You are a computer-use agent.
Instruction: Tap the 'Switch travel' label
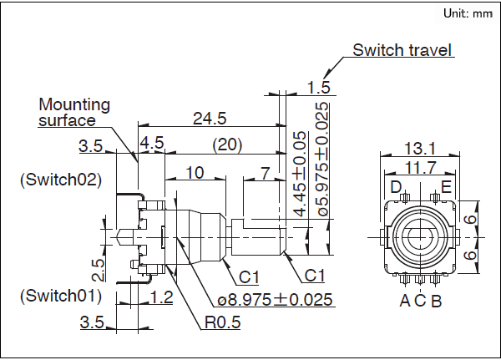(x=402, y=50)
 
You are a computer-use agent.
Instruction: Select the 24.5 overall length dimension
(x=210, y=119)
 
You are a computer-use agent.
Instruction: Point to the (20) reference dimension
(x=226, y=145)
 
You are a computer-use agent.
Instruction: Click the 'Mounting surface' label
(x=74, y=113)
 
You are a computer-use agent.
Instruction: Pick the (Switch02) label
(x=60, y=180)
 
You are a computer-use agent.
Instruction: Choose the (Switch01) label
(x=60, y=296)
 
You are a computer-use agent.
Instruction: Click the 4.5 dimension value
(x=152, y=144)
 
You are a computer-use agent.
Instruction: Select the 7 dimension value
(x=265, y=173)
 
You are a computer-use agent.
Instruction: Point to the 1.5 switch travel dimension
(x=318, y=87)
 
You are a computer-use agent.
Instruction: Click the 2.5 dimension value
(x=99, y=269)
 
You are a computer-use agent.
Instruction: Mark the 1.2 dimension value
(x=164, y=297)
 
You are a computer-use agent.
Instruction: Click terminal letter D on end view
(x=396, y=185)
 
